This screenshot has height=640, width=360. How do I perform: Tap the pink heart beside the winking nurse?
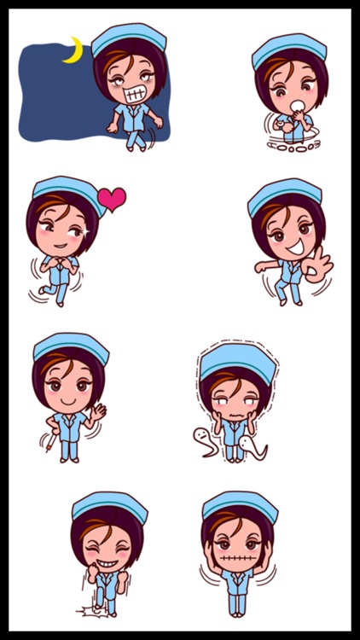pos(111,199)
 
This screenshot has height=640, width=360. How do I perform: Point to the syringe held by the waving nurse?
pos(49,440)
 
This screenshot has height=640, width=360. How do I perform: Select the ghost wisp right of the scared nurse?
pos(253,446)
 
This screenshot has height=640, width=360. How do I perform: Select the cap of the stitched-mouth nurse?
pos(240,504)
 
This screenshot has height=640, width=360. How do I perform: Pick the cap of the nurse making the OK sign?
pos(285,195)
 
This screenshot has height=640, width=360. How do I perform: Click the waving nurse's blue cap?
pos(71,346)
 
